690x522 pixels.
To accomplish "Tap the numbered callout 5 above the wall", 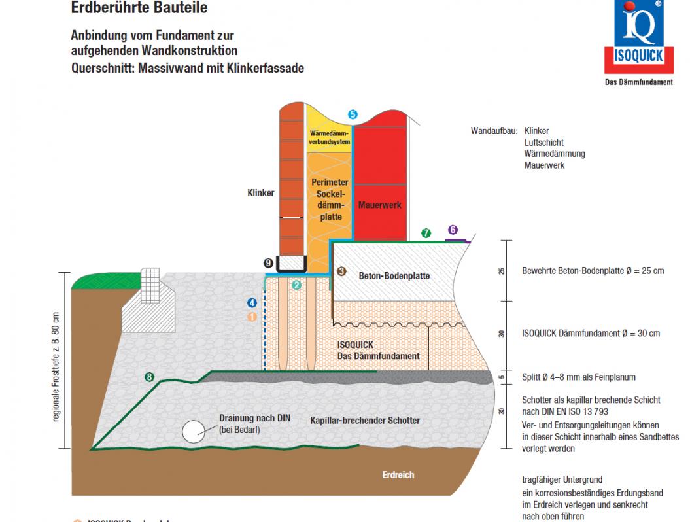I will coord(353,114).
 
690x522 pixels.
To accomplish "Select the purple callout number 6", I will coord(453,230).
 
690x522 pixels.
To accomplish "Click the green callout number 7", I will coord(426,233).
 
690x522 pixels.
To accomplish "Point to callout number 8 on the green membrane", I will coord(150,377).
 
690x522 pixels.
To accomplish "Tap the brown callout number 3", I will coord(340,270).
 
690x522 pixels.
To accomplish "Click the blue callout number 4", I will coord(252,302).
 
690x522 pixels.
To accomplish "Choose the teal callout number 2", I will coord(296,285).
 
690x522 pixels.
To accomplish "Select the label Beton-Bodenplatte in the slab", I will coord(394,276).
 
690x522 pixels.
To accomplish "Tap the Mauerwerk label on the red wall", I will coord(379,205).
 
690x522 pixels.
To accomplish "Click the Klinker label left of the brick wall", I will coord(260,193).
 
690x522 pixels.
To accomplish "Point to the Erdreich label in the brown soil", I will coord(398,475).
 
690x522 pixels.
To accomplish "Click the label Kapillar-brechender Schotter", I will coord(365,420).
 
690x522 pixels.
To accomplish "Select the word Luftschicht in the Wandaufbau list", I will coord(543,142).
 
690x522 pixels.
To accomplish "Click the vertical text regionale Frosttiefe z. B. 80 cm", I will coord(56,366).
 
